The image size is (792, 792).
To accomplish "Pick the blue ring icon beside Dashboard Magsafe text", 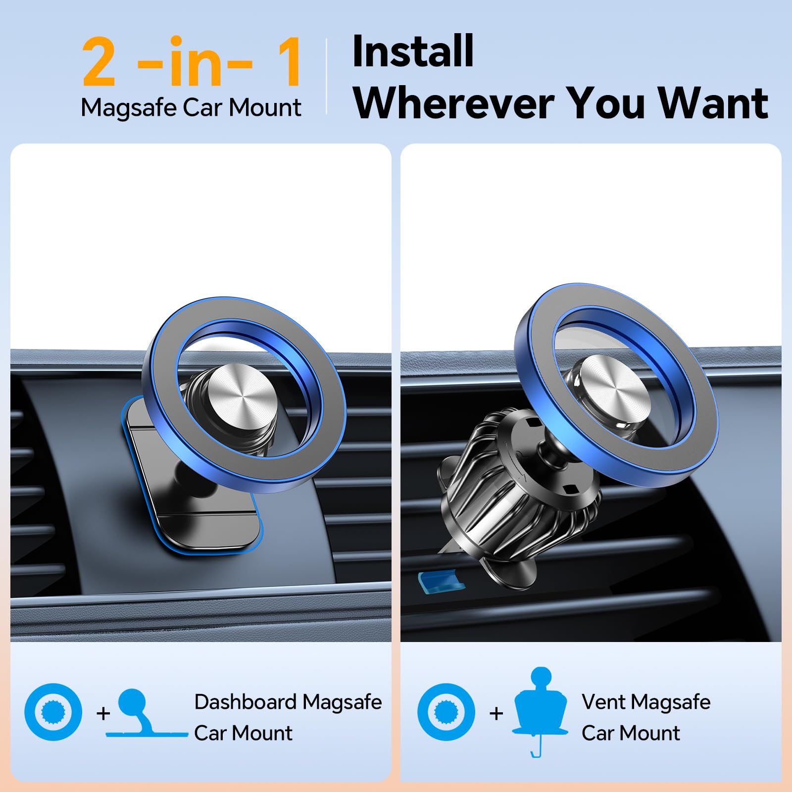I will [x=53, y=712].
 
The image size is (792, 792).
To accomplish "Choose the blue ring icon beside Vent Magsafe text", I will [x=446, y=712].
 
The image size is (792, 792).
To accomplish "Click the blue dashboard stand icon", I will [x=144, y=715].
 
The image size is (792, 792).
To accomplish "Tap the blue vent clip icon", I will [x=541, y=708].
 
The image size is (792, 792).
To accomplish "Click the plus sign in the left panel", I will [x=103, y=713].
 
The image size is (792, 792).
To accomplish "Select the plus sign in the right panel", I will [x=496, y=713].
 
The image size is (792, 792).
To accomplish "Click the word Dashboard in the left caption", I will [x=245, y=702].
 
